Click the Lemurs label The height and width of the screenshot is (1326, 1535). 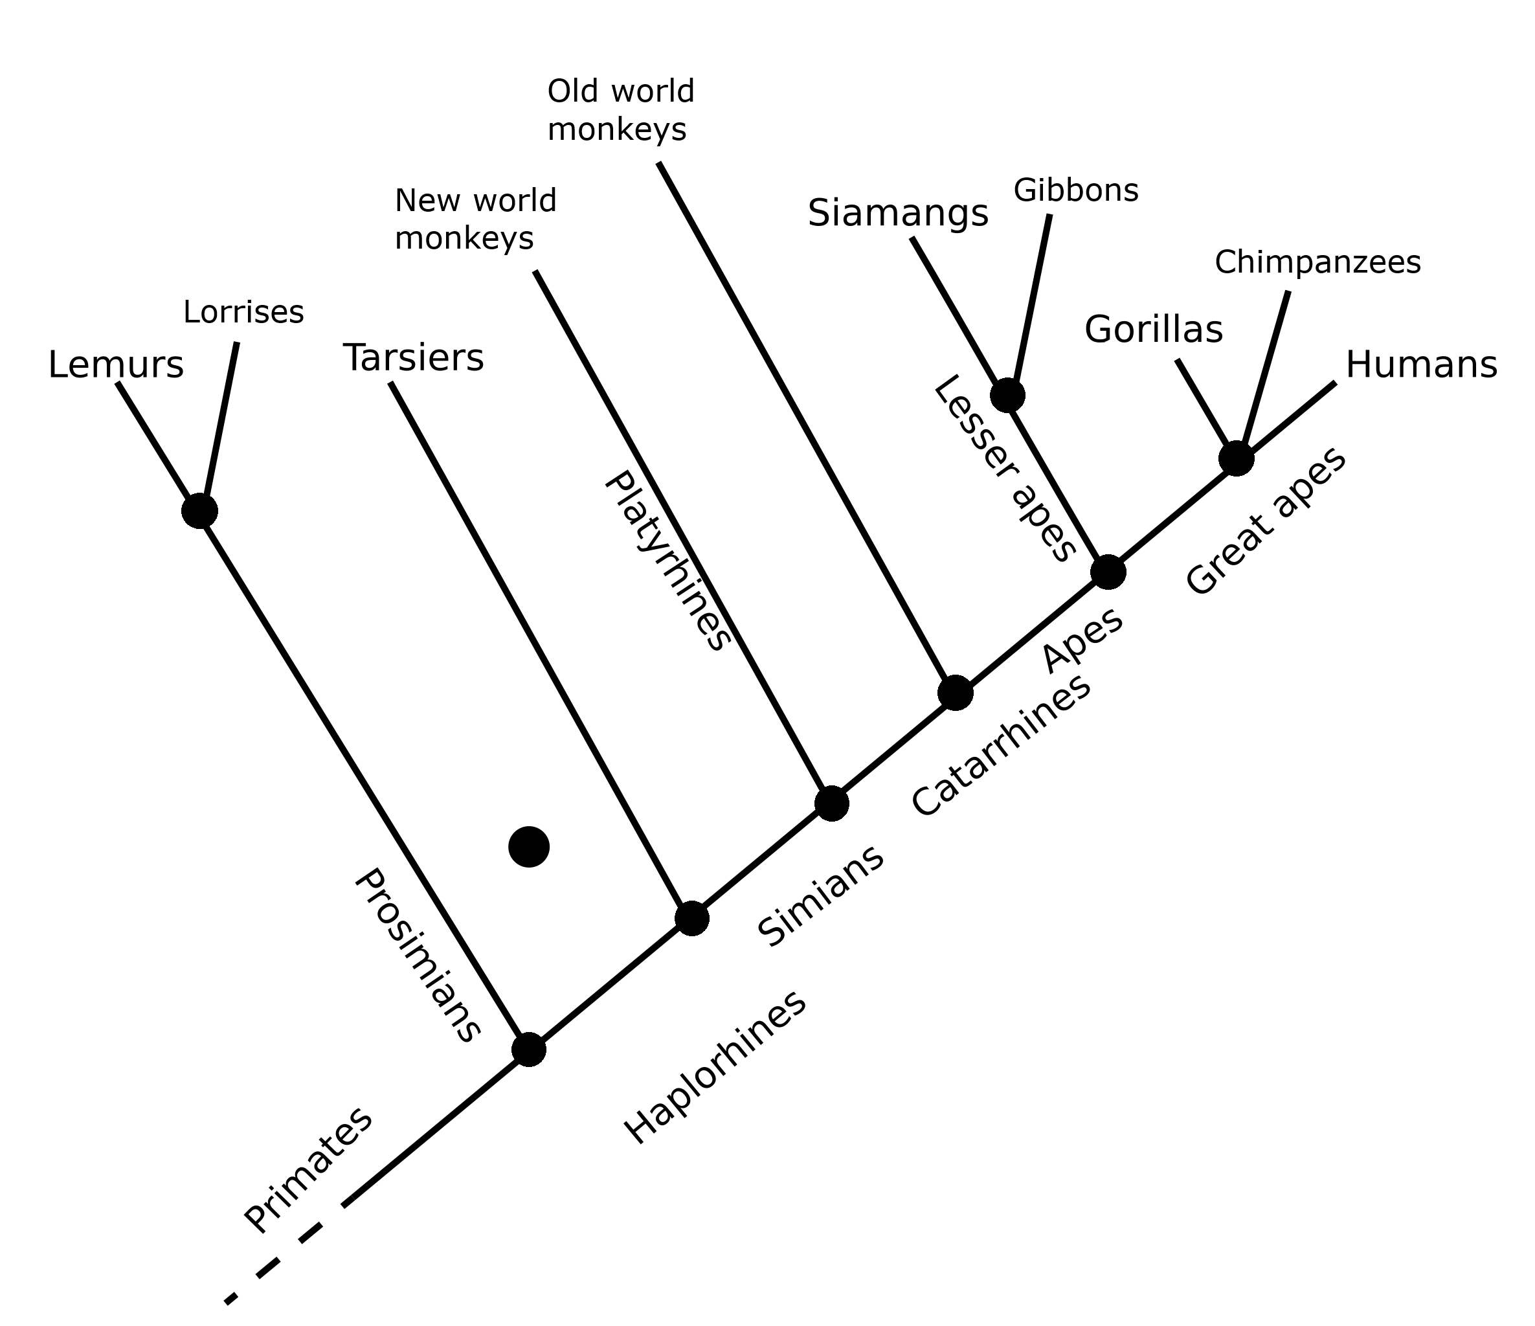click(116, 366)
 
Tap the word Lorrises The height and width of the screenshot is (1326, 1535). click(243, 313)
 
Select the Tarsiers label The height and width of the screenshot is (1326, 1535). click(414, 359)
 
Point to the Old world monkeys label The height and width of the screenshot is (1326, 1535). click(620, 110)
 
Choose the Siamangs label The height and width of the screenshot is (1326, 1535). click(898, 214)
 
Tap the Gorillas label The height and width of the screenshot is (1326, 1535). click(1153, 330)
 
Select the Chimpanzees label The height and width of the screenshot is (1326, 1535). click(1317, 263)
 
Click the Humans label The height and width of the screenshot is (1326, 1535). click(1421, 366)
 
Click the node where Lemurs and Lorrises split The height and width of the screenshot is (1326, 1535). click(199, 510)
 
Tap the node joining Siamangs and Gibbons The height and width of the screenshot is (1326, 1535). click(1007, 395)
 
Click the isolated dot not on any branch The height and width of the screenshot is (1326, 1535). click(529, 846)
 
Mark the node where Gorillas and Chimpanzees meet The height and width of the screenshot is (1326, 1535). click(1236, 458)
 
